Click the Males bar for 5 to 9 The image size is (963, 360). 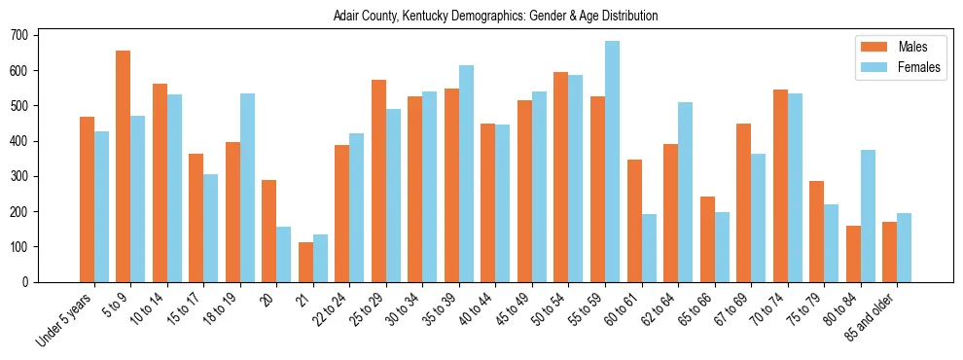tap(124, 166)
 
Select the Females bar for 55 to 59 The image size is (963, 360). tap(612, 162)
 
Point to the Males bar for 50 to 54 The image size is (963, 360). tap(561, 177)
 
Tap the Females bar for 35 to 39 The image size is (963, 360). tap(466, 173)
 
